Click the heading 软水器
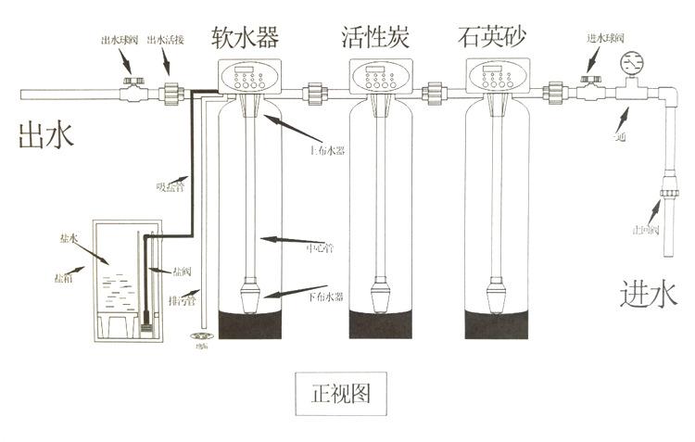[246, 37]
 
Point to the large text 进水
[649, 295]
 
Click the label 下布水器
[325, 297]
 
